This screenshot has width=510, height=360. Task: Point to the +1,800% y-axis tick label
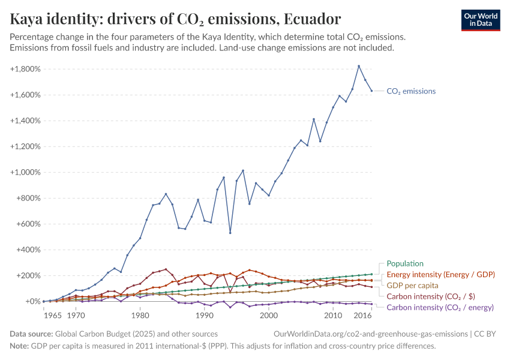point(25,69)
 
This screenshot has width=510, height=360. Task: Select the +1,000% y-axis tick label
point(25,172)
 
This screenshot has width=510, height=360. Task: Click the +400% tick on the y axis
point(28,250)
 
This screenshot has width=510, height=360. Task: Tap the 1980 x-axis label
point(140,314)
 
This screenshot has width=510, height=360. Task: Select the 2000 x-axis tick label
point(269,314)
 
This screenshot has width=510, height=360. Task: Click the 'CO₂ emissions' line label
point(411,91)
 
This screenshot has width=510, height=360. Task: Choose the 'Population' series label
point(405,263)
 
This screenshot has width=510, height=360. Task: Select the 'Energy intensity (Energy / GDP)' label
point(440,274)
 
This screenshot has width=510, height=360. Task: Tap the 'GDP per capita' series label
point(411,285)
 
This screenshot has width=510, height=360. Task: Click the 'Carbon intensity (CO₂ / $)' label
point(430,296)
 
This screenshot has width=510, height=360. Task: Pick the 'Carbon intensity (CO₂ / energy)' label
point(440,307)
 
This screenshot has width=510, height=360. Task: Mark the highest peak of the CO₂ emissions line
point(359,66)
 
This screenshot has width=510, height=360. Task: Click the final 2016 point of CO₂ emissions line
point(371,91)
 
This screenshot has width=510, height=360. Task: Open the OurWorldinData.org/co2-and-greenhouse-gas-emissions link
point(370,334)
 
